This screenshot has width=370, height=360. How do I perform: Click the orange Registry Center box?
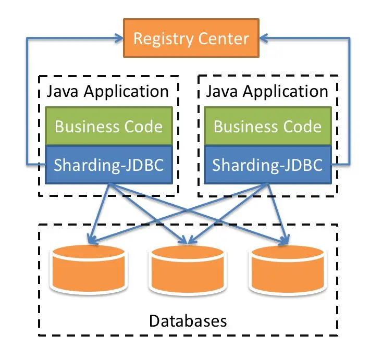point(191,38)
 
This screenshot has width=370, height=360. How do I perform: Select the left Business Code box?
point(108,127)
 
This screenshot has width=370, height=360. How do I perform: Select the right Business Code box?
point(267,127)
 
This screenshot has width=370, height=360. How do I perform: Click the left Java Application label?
point(108,92)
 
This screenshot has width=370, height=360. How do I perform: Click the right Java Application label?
point(267,92)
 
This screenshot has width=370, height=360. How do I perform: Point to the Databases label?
point(188,320)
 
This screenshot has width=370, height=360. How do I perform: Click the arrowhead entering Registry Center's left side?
point(119,38)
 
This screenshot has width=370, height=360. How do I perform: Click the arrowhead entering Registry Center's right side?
point(263,38)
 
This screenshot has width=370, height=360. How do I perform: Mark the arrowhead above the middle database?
point(188,240)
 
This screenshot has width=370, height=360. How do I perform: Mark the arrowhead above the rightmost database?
point(284,240)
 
